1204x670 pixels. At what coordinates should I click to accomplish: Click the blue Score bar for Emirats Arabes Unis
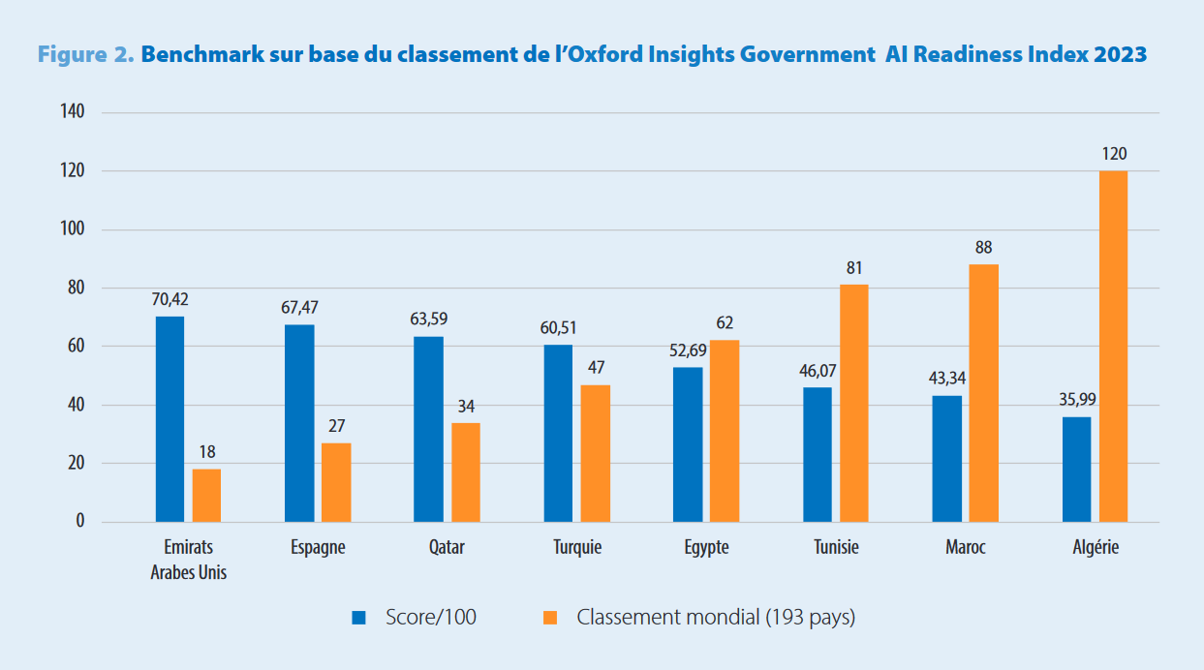pyautogui.click(x=170, y=419)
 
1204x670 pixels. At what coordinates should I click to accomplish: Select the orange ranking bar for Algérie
pyautogui.click(x=1113, y=347)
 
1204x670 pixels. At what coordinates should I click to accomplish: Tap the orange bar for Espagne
pyautogui.click(x=336, y=482)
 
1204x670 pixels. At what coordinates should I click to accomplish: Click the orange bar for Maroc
pyautogui.click(x=983, y=393)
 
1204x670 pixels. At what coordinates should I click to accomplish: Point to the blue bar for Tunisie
pyautogui.click(x=817, y=454)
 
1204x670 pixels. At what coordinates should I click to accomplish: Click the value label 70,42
pyautogui.click(x=170, y=300)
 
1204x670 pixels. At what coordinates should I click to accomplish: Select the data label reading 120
pyautogui.click(x=1114, y=154)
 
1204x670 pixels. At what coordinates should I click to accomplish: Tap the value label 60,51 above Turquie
pyautogui.click(x=558, y=328)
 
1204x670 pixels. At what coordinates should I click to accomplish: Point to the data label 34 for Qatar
pyautogui.click(x=465, y=407)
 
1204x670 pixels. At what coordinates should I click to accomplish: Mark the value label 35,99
pyautogui.click(x=1076, y=400)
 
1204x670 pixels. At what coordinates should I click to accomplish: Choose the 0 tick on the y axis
pyautogui.click(x=80, y=522)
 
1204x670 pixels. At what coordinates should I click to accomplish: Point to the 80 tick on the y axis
pyautogui.click(x=76, y=288)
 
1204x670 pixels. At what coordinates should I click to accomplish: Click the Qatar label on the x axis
pyautogui.click(x=447, y=548)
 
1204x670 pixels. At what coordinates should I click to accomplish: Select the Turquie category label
pyautogui.click(x=577, y=548)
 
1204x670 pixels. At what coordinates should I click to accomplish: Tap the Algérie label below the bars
pyautogui.click(x=1095, y=548)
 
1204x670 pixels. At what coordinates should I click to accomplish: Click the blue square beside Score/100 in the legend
pyautogui.click(x=358, y=617)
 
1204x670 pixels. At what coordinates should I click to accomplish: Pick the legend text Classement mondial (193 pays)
pyautogui.click(x=716, y=617)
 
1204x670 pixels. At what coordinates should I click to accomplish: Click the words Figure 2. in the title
pyautogui.click(x=85, y=55)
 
